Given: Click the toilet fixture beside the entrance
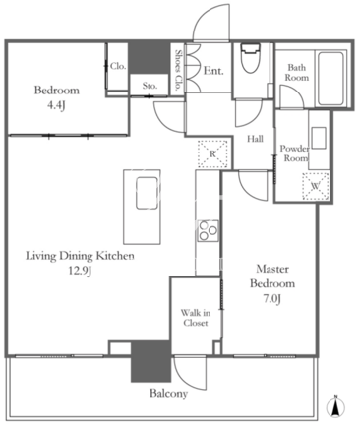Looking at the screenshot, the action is coord(251,58).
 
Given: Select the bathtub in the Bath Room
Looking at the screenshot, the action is coord(330,79).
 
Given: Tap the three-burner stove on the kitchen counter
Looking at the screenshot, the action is coord(208,231).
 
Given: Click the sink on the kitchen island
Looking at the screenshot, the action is coord(147,193).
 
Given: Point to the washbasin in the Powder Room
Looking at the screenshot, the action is coord(319,138).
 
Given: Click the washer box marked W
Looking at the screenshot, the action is coord(315,186).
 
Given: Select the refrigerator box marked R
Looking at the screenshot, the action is coord(212,153).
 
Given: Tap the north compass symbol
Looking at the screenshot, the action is coord(335,407).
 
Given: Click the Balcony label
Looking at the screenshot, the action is coord(168,393).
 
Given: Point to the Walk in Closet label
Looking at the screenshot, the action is coord(196,318).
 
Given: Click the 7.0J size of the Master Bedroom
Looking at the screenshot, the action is coord(272,299).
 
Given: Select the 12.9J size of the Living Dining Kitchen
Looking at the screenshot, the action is coord(80,271).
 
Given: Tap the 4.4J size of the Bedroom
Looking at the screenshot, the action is coord(57,105).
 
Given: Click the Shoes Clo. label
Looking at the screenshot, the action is coord(178,70).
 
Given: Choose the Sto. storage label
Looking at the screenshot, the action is coord(150,86).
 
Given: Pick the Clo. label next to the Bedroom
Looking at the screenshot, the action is coord(118,66).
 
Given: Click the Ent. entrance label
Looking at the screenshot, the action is coord(213,71).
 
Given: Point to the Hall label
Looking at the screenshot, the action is coord(255,139).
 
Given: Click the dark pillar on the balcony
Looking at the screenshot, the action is coord(150,361).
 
